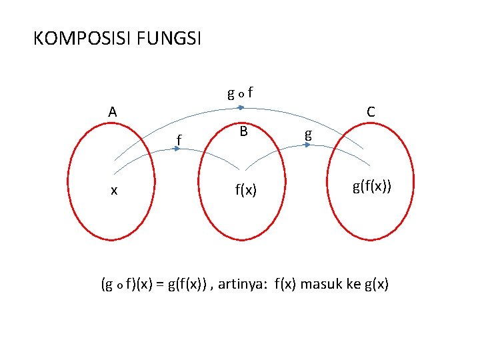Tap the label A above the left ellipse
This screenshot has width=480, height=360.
[113, 111]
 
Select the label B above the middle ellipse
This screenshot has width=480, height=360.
[244, 131]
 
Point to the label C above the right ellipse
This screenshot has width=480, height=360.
[371, 111]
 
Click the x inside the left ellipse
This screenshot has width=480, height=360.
[115, 190]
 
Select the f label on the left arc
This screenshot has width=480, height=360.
[179, 139]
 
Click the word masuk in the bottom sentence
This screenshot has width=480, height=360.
[323, 285]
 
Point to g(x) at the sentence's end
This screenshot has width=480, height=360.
[377, 285]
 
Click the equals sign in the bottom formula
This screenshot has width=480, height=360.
[161, 285]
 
